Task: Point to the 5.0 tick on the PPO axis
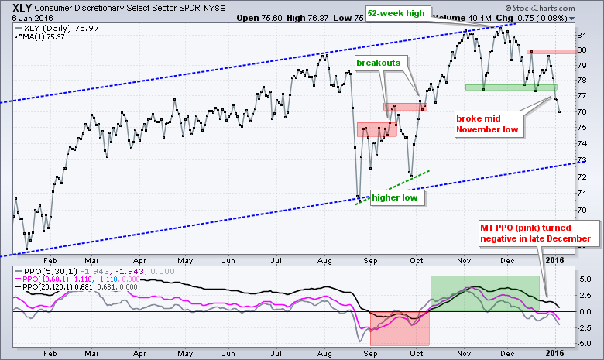(586, 279)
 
